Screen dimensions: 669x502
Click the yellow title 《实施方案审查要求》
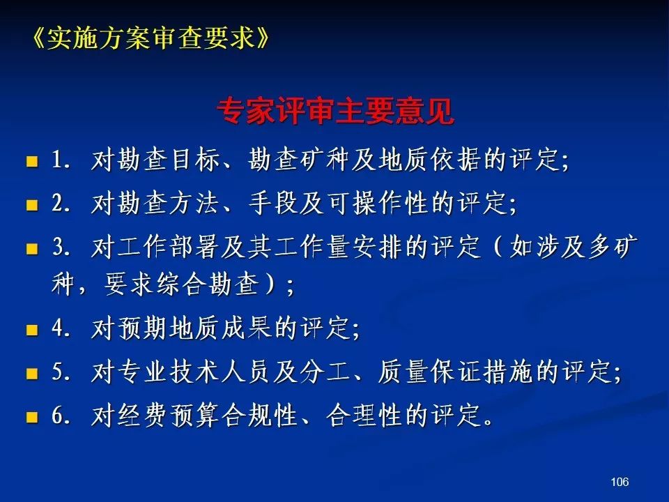click(151, 38)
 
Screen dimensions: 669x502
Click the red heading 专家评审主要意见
click(335, 112)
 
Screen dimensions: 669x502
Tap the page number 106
click(620, 482)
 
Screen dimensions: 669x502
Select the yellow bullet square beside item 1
click(32, 161)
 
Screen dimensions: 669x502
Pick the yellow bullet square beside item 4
click(32, 330)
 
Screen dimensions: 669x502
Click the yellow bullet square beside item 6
click(32, 416)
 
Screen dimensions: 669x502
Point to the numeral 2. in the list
click(61, 203)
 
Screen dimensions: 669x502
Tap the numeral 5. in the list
click(61, 372)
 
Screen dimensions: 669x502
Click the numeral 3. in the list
click(61, 247)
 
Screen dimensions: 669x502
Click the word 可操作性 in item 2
click(378, 202)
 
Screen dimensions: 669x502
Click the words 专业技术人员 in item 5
click(194, 371)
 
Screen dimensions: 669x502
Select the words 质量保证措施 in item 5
click(456, 371)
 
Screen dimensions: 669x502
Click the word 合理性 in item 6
click(364, 415)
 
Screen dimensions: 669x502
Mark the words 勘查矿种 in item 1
click(299, 160)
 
